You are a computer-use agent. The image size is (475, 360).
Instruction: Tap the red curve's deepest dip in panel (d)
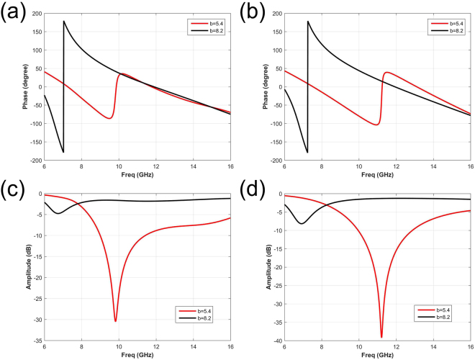click(381, 337)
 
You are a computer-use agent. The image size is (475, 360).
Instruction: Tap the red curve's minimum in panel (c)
click(115, 321)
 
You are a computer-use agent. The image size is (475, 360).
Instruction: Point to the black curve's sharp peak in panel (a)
click(64, 21)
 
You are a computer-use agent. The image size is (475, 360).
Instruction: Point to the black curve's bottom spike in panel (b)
click(307, 153)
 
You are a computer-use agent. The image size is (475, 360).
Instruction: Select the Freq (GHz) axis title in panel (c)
click(137, 354)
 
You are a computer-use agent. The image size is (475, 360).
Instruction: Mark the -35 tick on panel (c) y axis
click(36, 341)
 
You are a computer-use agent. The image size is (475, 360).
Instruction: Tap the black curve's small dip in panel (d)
click(302, 223)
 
